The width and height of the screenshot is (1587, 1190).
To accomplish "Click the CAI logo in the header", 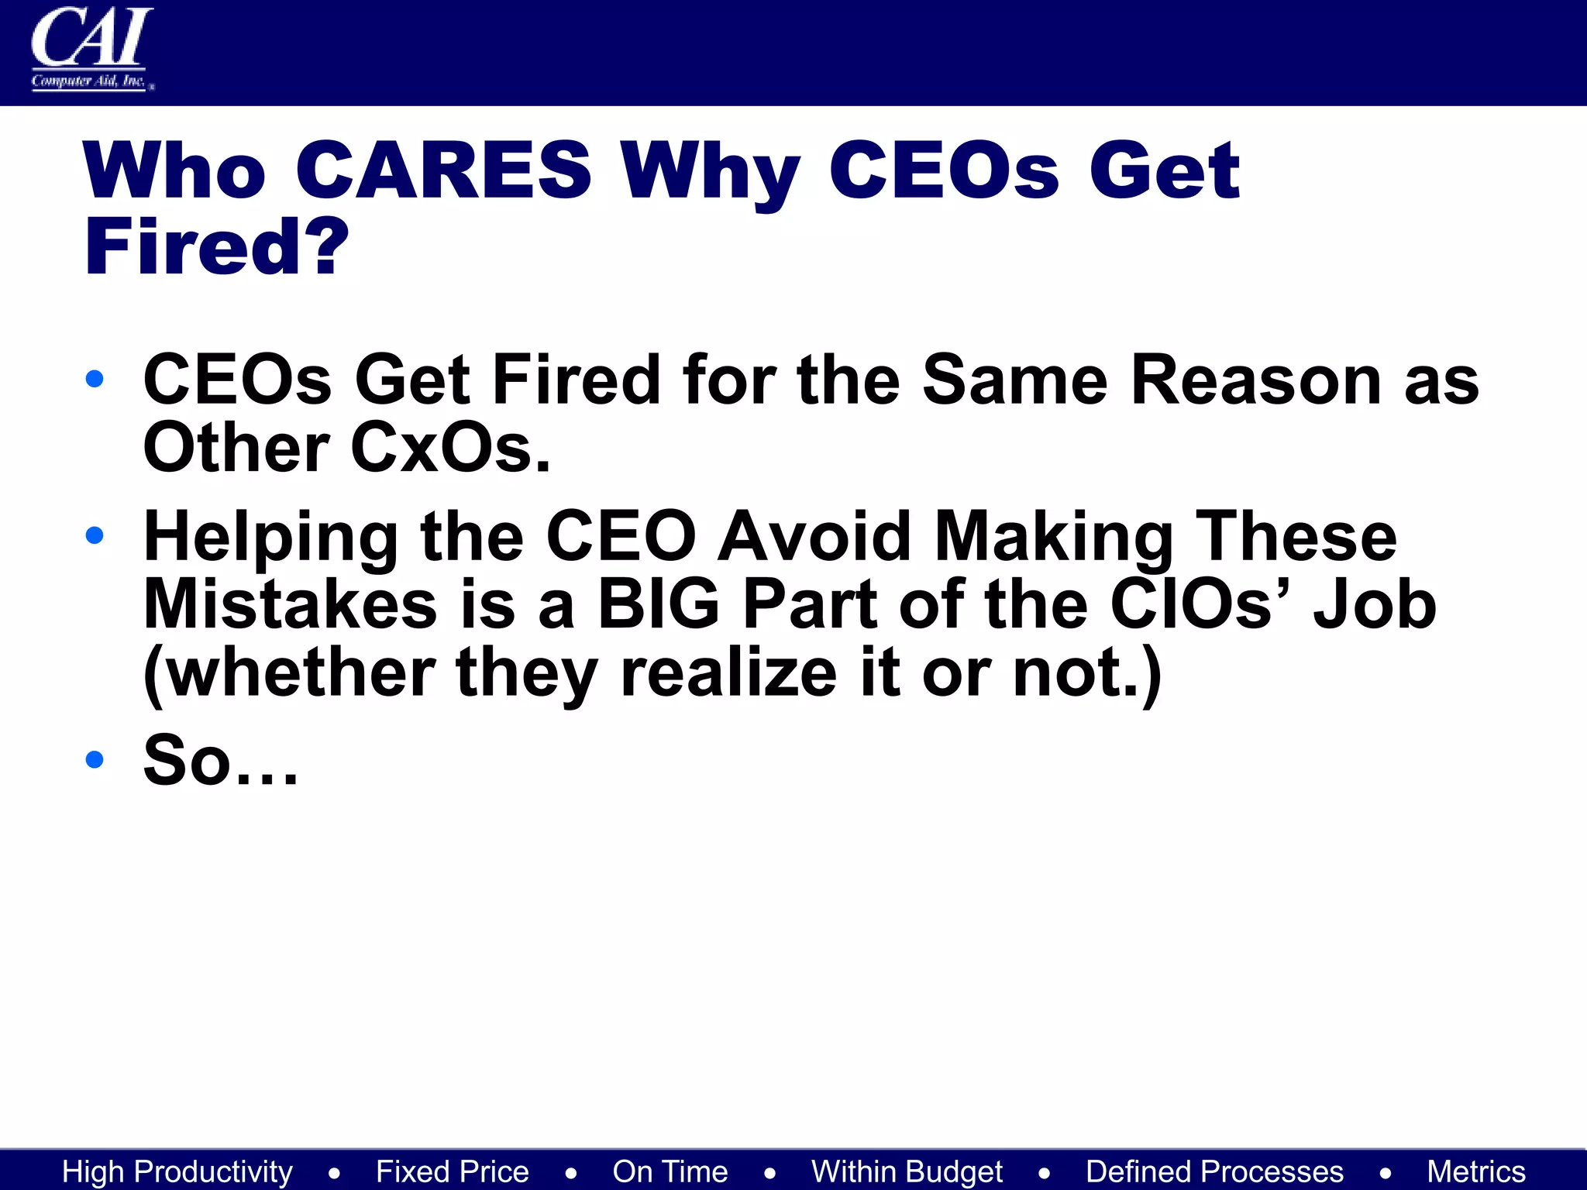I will click(x=91, y=48).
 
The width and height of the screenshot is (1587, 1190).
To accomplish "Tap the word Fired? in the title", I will click(x=217, y=247).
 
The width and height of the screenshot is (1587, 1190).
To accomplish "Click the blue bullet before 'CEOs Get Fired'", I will click(x=95, y=379).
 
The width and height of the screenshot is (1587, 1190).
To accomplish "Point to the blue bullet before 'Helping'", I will click(x=95, y=535).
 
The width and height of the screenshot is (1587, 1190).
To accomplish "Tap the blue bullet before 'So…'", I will click(x=95, y=758).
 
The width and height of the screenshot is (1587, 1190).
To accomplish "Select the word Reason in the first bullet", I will click(x=1255, y=380).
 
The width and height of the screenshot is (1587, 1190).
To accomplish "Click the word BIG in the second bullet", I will click(x=659, y=604).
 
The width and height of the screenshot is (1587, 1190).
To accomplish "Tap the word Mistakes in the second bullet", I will click(x=291, y=604).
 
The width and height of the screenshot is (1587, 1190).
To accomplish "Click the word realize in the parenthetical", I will click(x=728, y=672).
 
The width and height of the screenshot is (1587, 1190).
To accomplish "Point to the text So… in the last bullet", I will click(x=220, y=760).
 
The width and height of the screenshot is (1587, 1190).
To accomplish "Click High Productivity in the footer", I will click(x=177, y=1171).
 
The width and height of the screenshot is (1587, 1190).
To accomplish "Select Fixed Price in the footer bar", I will click(x=453, y=1171).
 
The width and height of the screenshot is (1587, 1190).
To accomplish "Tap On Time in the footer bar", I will click(x=670, y=1171).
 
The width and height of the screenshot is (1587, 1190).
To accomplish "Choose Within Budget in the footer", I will click(x=907, y=1171).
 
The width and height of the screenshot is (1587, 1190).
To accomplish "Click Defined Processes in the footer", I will click(x=1214, y=1171).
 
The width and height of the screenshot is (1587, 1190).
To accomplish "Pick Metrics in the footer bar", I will click(x=1476, y=1171).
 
